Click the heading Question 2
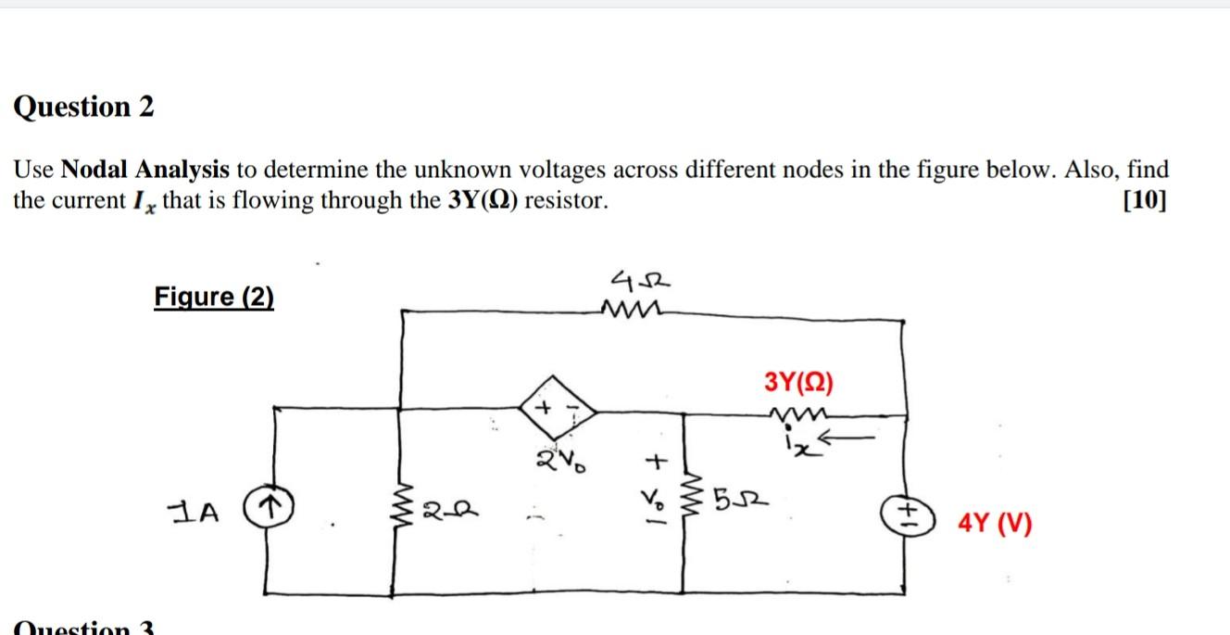point(83,108)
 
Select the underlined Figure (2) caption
point(214,298)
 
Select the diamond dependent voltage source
point(559,409)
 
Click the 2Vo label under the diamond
point(555,458)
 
